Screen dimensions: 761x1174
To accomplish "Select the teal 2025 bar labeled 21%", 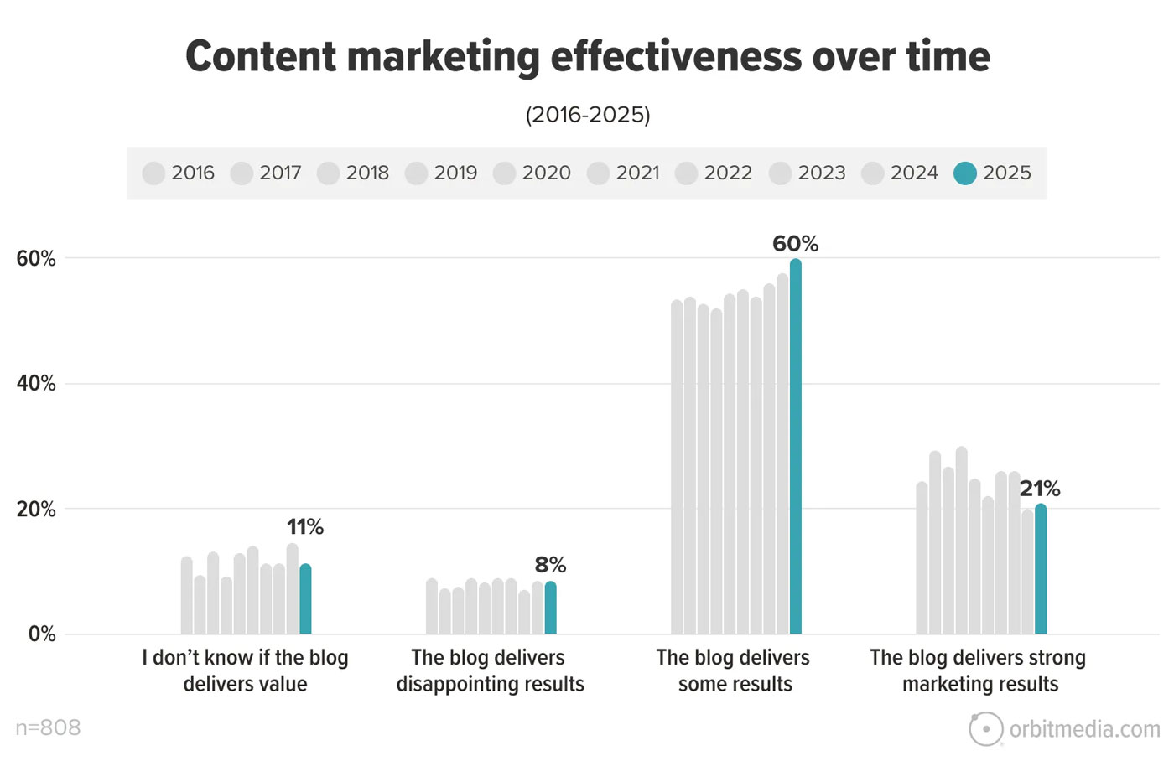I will point(1040,569).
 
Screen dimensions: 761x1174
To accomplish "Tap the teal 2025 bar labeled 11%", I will point(305,599).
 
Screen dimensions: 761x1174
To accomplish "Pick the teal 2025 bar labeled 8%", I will point(550,608).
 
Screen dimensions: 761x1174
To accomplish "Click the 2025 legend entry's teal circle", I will point(965,173).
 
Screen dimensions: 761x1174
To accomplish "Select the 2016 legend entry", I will point(179,173).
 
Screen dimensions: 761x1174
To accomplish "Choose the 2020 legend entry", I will point(532,173).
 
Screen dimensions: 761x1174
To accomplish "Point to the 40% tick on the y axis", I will point(36,384).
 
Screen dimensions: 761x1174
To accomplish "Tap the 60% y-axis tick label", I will point(36,259).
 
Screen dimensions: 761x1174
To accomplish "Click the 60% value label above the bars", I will point(795,244).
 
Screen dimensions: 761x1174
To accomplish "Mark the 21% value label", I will point(1040,489).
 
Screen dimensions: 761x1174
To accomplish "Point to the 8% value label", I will point(550,566).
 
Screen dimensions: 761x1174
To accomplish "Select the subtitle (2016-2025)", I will point(588,115).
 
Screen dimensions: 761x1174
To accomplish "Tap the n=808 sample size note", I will point(49,727).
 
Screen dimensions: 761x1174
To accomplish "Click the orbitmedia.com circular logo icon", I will point(986,729).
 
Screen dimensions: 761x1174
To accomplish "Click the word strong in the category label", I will point(1058,658).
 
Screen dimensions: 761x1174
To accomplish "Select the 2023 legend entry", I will point(808,173).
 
